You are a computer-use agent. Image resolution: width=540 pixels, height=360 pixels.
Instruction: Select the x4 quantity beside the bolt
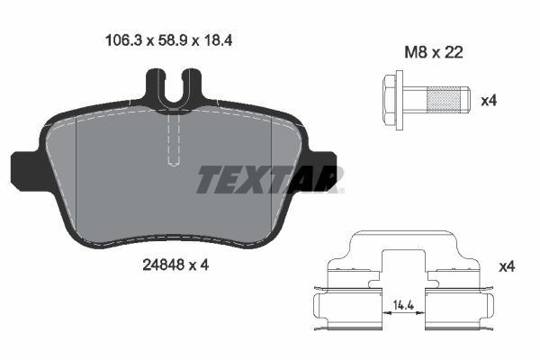tap(489, 100)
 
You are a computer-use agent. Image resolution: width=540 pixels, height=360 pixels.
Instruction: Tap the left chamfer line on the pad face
tap(78, 171)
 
